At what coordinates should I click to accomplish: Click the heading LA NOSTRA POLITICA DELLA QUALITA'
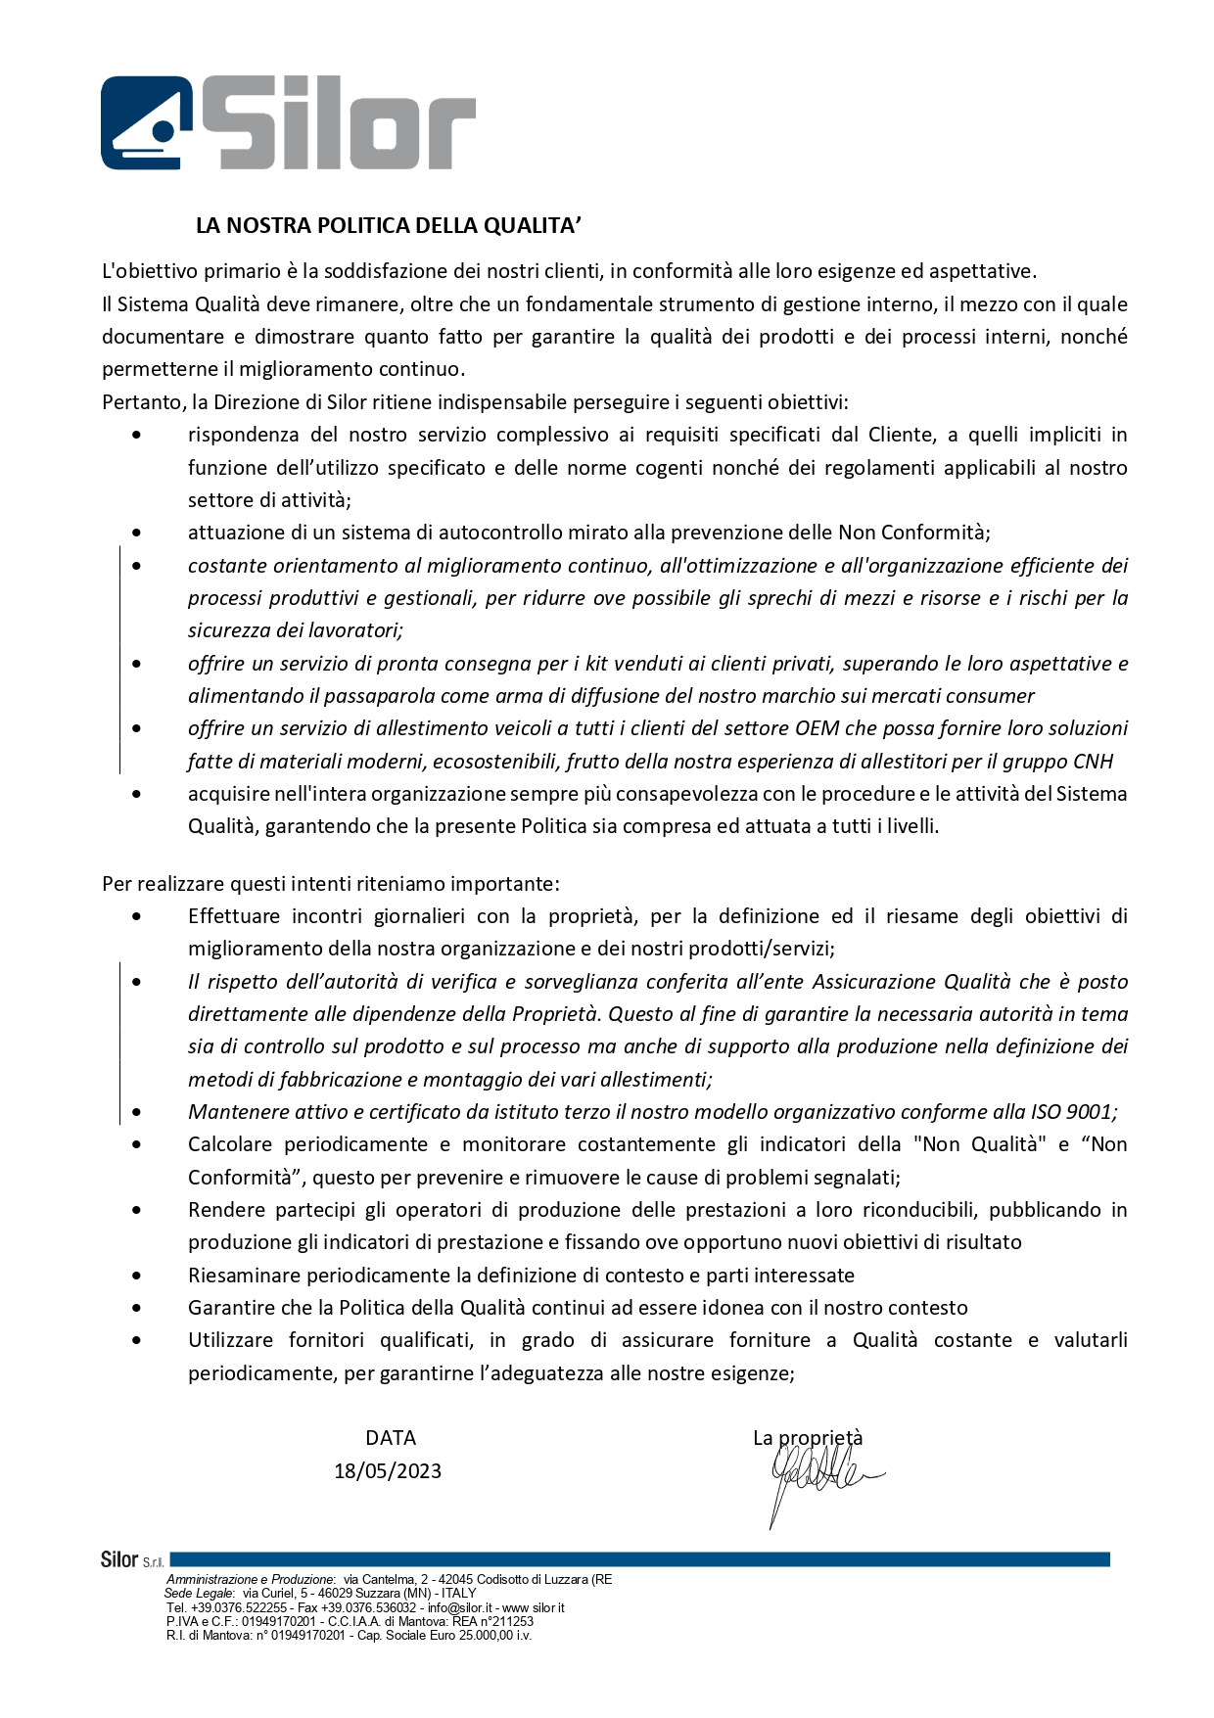click(389, 226)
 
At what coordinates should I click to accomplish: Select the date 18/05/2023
click(388, 1471)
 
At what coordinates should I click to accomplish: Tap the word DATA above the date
click(391, 1438)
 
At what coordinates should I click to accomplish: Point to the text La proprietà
click(808, 1438)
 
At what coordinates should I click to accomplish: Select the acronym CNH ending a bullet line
click(1093, 762)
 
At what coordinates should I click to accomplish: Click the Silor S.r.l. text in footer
click(132, 1559)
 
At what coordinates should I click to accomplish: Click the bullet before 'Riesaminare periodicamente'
click(136, 1276)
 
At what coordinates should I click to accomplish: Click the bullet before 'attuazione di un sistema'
click(136, 533)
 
